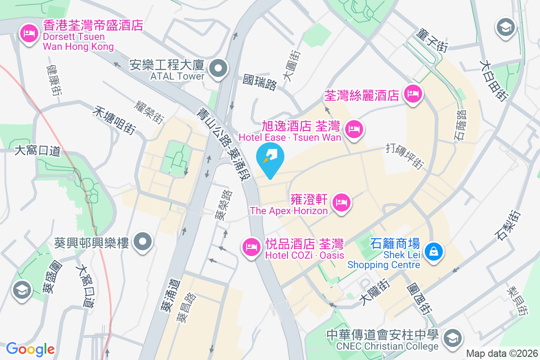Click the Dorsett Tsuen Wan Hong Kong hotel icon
click(30, 33)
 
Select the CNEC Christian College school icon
click(452, 337)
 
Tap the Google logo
click(31, 349)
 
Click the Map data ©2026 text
click(501, 353)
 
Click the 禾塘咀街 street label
click(115, 120)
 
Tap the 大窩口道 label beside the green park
click(37, 150)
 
